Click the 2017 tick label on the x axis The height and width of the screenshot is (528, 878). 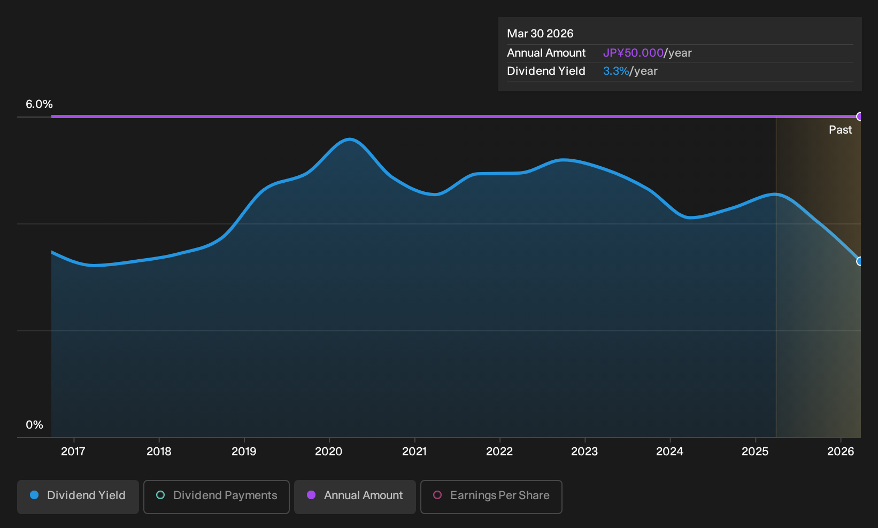73,452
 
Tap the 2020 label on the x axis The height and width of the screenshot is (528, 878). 329,452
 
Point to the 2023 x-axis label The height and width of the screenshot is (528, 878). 584,452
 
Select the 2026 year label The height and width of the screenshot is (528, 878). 841,452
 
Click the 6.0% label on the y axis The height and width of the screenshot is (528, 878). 39,104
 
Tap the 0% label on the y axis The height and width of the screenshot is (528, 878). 35,425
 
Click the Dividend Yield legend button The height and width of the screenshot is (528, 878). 78,496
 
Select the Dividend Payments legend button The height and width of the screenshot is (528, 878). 217,496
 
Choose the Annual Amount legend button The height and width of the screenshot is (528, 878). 355,496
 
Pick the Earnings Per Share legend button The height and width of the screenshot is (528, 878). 491,496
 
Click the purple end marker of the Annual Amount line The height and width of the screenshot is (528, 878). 859,117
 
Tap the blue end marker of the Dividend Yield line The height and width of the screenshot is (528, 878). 859,261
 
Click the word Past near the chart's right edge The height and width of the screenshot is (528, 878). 840,130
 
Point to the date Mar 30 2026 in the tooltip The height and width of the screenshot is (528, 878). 540,34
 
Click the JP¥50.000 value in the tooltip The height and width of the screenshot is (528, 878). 633,53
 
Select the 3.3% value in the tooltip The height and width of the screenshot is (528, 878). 616,71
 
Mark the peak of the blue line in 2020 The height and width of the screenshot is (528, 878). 349,139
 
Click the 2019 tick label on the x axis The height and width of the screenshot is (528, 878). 244,452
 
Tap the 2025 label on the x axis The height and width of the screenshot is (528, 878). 755,452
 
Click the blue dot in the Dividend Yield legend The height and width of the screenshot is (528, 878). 35,495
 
